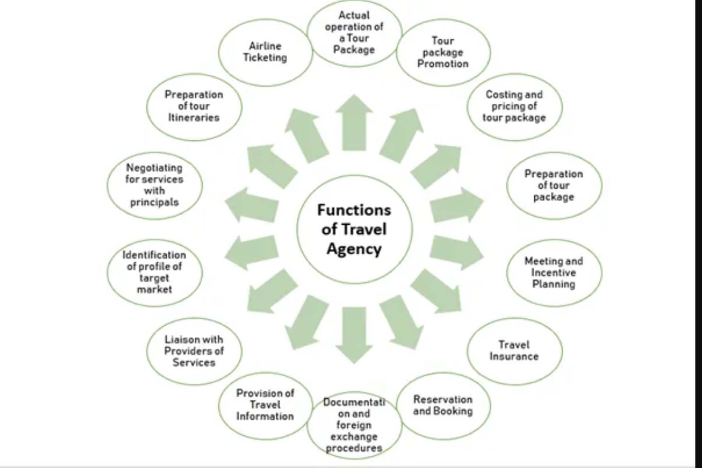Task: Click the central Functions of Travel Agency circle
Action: [x=354, y=229]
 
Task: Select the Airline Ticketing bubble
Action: [x=265, y=52]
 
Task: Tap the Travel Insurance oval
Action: [x=514, y=351]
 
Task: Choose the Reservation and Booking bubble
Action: [x=443, y=405]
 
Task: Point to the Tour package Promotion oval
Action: [x=443, y=52]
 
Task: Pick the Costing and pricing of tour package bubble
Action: [x=514, y=106]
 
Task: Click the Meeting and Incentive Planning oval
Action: [x=554, y=273]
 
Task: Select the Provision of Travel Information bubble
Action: [x=265, y=405]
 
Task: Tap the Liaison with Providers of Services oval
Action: [x=194, y=351]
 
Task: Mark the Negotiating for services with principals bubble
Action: [x=154, y=185]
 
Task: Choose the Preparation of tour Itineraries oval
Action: [x=194, y=106]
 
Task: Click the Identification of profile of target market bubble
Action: [x=154, y=273]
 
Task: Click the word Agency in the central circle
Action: [x=354, y=249]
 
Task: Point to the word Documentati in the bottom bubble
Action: [x=354, y=402]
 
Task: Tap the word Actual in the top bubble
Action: [x=354, y=15]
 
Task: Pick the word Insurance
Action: [x=514, y=356]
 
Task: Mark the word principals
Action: [x=154, y=202]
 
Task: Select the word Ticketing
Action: [x=265, y=58]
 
